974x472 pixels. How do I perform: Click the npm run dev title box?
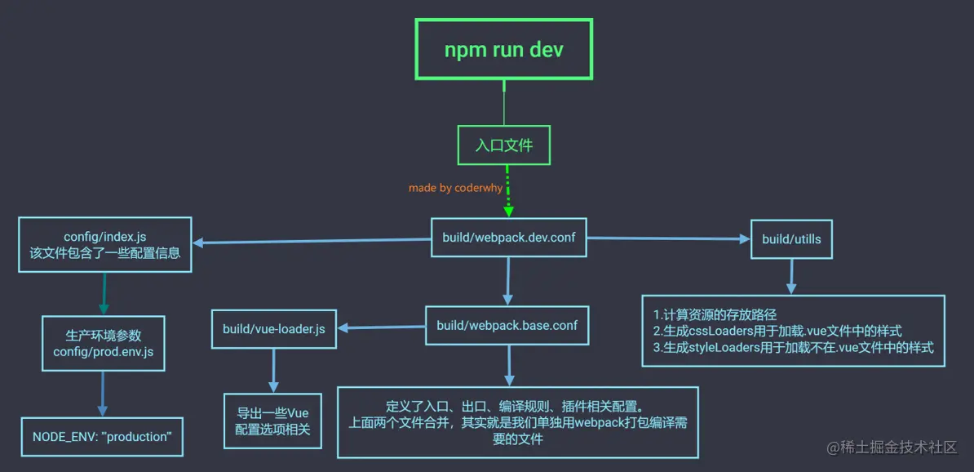(x=503, y=49)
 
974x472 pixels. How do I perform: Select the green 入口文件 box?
(x=503, y=145)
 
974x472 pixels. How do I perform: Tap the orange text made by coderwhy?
(x=455, y=188)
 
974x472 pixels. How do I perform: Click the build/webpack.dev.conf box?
(x=509, y=237)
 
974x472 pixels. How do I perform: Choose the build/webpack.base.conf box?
(x=507, y=325)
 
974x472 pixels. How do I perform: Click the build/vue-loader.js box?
(x=273, y=329)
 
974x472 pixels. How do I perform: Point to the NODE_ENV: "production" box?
(x=102, y=436)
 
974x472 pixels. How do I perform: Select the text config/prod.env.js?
(x=103, y=352)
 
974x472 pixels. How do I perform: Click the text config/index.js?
(x=105, y=237)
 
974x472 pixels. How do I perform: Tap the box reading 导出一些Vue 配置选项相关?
(x=272, y=421)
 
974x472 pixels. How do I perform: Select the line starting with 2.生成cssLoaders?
(x=777, y=331)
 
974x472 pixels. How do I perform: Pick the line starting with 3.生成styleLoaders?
(x=793, y=347)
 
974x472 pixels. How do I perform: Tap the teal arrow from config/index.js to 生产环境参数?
(x=104, y=293)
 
